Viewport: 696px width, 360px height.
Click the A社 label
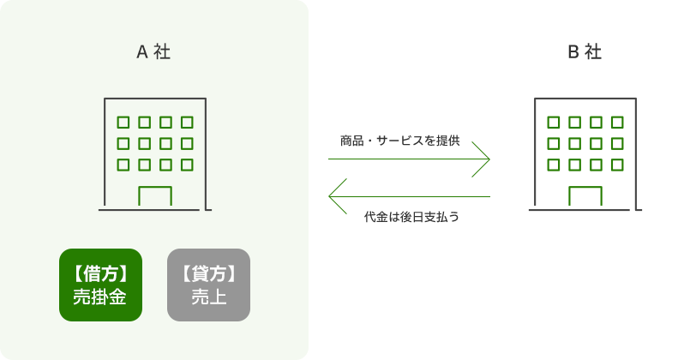153,51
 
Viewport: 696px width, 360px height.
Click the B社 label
584,51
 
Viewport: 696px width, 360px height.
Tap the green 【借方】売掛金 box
100,285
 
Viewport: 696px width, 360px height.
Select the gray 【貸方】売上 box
208,285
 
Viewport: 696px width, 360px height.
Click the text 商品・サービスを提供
399,141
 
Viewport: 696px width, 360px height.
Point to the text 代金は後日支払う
411,217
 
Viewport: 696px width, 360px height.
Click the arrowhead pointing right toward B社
482,159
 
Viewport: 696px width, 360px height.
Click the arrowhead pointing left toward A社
337,196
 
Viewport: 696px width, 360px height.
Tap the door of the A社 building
154,196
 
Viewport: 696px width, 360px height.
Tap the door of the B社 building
585,196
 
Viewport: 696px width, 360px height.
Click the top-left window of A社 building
123,123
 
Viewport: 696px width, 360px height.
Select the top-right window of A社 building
187,123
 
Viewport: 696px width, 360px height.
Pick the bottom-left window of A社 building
123,165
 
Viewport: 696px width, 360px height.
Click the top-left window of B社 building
553,123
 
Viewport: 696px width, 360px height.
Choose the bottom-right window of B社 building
616,165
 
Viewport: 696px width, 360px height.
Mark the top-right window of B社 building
616,123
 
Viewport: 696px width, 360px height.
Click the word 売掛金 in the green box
100,297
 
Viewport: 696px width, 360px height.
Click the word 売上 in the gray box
208,297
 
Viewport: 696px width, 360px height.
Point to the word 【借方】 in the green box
100,273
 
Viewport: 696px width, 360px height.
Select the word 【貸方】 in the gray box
208,273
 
